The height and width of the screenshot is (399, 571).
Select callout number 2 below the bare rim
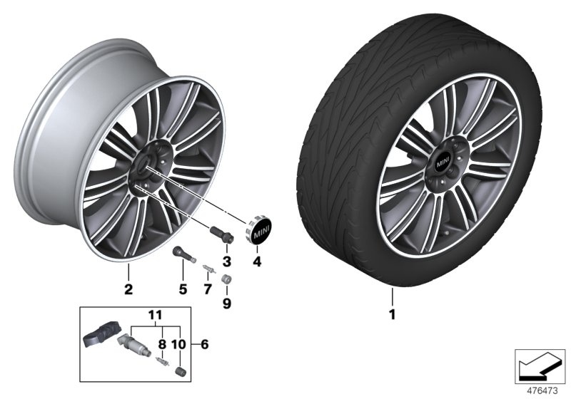(128, 290)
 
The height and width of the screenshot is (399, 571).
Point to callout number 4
(258, 261)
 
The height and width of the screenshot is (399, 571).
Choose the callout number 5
(182, 290)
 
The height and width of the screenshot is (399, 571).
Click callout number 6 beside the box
(205, 345)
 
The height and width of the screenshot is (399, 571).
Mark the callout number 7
(208, 290)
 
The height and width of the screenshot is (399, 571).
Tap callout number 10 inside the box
(178, 345)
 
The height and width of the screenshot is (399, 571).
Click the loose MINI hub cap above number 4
(257, 231)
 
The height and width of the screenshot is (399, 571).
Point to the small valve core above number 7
(207, 269)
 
